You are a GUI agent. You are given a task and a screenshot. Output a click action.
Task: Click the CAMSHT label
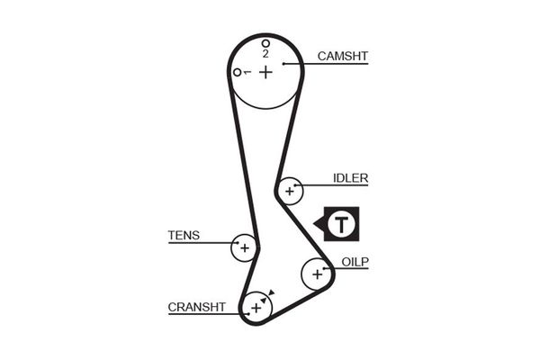click(x=342, y=56)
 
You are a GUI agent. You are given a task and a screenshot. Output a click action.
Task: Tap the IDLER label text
click(x=350, y=177)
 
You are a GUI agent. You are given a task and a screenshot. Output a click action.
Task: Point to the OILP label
click(x=355, y=262)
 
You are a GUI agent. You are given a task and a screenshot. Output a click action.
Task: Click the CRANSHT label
click(x=196, y=307)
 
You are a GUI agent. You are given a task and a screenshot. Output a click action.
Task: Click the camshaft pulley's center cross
click(x=265, y=71)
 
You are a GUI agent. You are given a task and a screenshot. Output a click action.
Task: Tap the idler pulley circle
click(x=290, y=191)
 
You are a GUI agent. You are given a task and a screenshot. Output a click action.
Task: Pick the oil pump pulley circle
click(x=316, y=273)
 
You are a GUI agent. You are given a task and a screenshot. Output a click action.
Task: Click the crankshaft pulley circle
click(x=256, y=309)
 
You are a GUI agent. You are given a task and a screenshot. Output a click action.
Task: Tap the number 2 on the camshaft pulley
click(x=265, y=54)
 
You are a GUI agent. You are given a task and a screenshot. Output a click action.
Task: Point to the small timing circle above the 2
click(x=265, y=43)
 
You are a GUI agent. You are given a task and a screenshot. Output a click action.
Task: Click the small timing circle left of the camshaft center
click(x=237, y=72)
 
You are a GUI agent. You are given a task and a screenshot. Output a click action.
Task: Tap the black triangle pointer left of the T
click(x=318, y=223)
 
